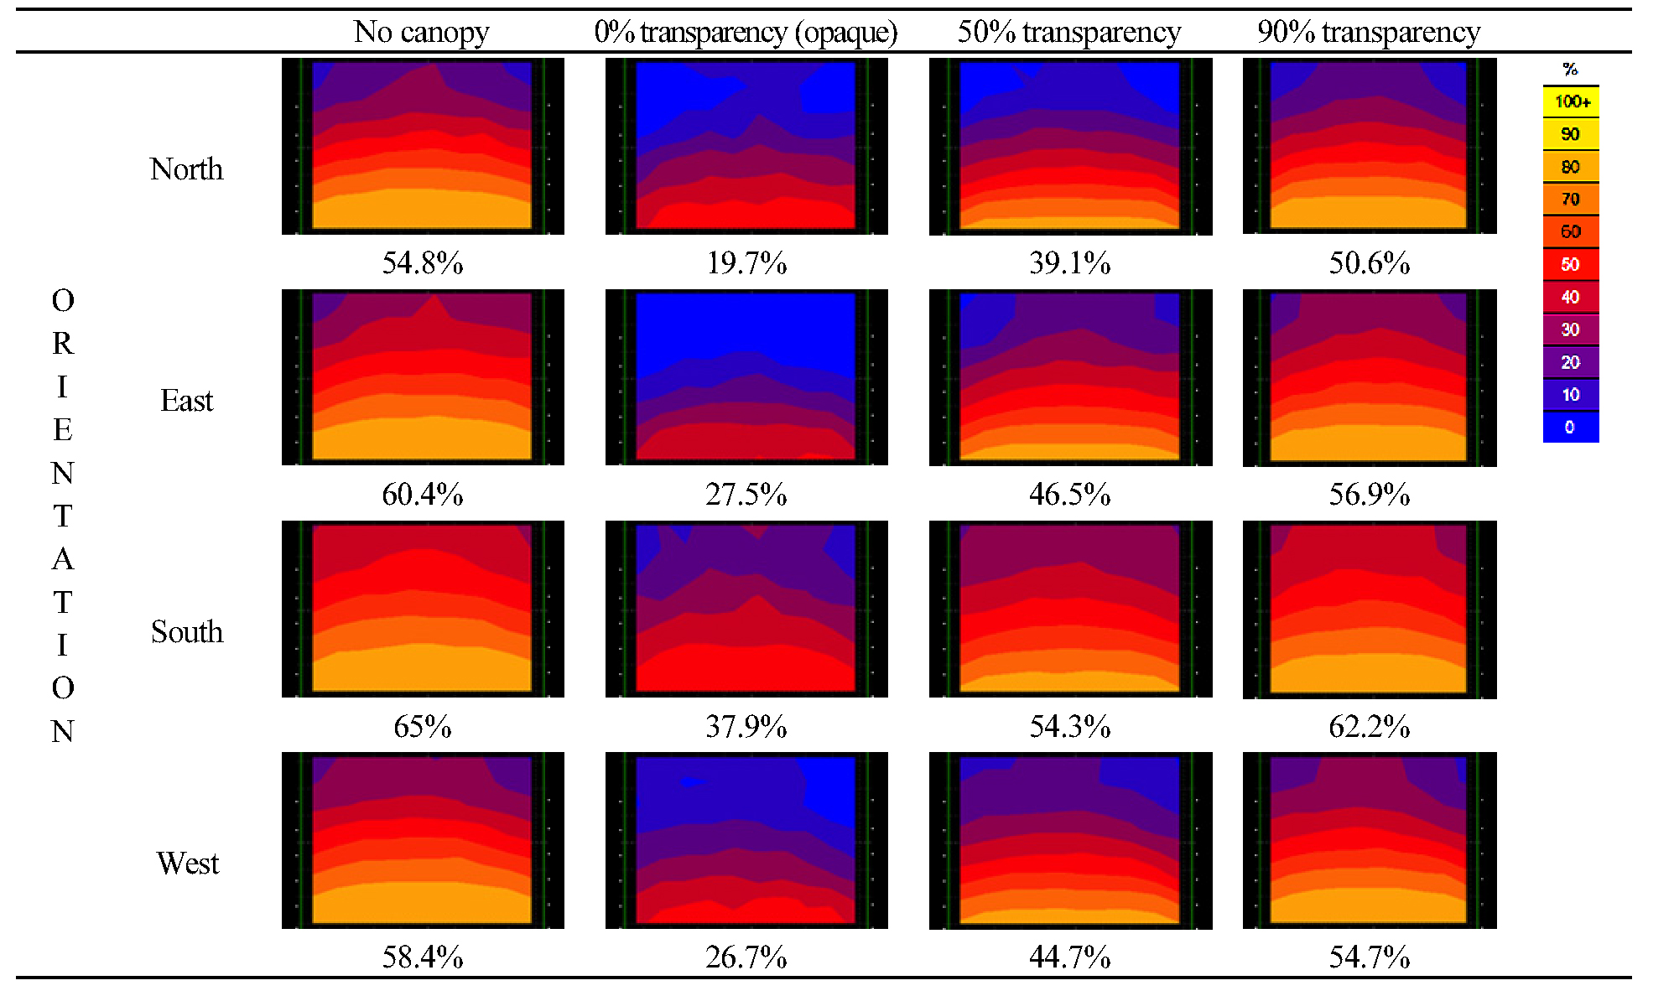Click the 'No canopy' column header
(421, 32)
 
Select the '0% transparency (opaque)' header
(746, 32)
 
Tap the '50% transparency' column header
(1069, 32)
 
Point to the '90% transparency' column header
(1369, 32)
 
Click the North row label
(186, 169)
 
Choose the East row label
(186, 401)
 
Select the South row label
(186, 632)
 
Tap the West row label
(187, 864)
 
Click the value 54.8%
(423, 263)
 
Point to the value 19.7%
(746, 263)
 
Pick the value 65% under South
(423, 726)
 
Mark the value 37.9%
(746, 726)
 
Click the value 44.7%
(1070, 957)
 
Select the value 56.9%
(1370, 495)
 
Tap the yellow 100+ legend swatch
(1571, 101)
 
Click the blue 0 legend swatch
(1571, 428)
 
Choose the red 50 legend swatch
(1571, 264)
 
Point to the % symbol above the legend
(1571, 70)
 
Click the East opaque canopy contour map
(746, 377)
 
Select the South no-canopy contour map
(423, 609)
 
